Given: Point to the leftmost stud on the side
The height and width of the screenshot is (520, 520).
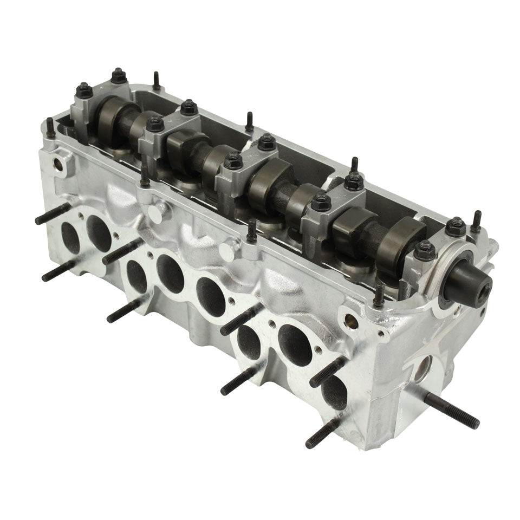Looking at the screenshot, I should click(51, 213).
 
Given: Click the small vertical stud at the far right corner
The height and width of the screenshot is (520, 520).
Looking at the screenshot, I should click(476, 221).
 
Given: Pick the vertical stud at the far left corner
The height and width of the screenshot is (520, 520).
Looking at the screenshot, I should click(50, 127).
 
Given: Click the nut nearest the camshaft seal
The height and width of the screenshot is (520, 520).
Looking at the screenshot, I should click(425, 250).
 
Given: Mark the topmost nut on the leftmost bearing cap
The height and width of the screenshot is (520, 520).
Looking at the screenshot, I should click(119, 75).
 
